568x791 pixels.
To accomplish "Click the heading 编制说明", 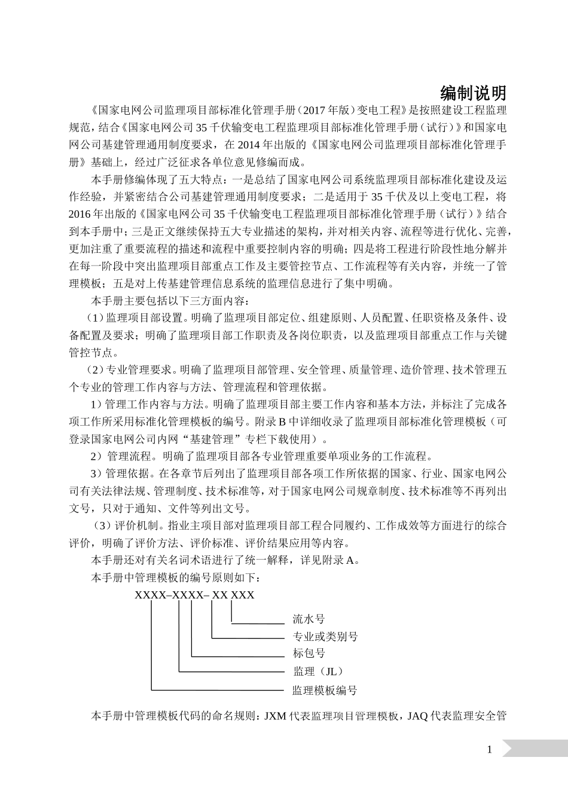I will (x=473, y=93).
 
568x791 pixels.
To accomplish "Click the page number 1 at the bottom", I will (x=490, y=750).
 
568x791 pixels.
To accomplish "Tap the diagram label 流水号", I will (x=309, y=619).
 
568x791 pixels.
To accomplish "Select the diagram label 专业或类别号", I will (x=325, y=636).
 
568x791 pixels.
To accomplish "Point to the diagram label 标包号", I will (x=309, y=653).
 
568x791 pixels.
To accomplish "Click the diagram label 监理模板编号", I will (x=325, y=690).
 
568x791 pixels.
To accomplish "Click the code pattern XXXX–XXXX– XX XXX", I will (x=194, y=595).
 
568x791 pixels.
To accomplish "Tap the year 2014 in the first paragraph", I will (x=250, y=144).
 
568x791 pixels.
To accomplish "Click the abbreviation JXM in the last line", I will (x=274, y=716).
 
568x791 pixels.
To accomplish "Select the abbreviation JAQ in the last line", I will (x=417, y=716).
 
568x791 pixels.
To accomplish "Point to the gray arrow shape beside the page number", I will (x=534, y=749).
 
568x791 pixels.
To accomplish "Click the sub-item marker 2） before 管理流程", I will (x=97, y=456).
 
